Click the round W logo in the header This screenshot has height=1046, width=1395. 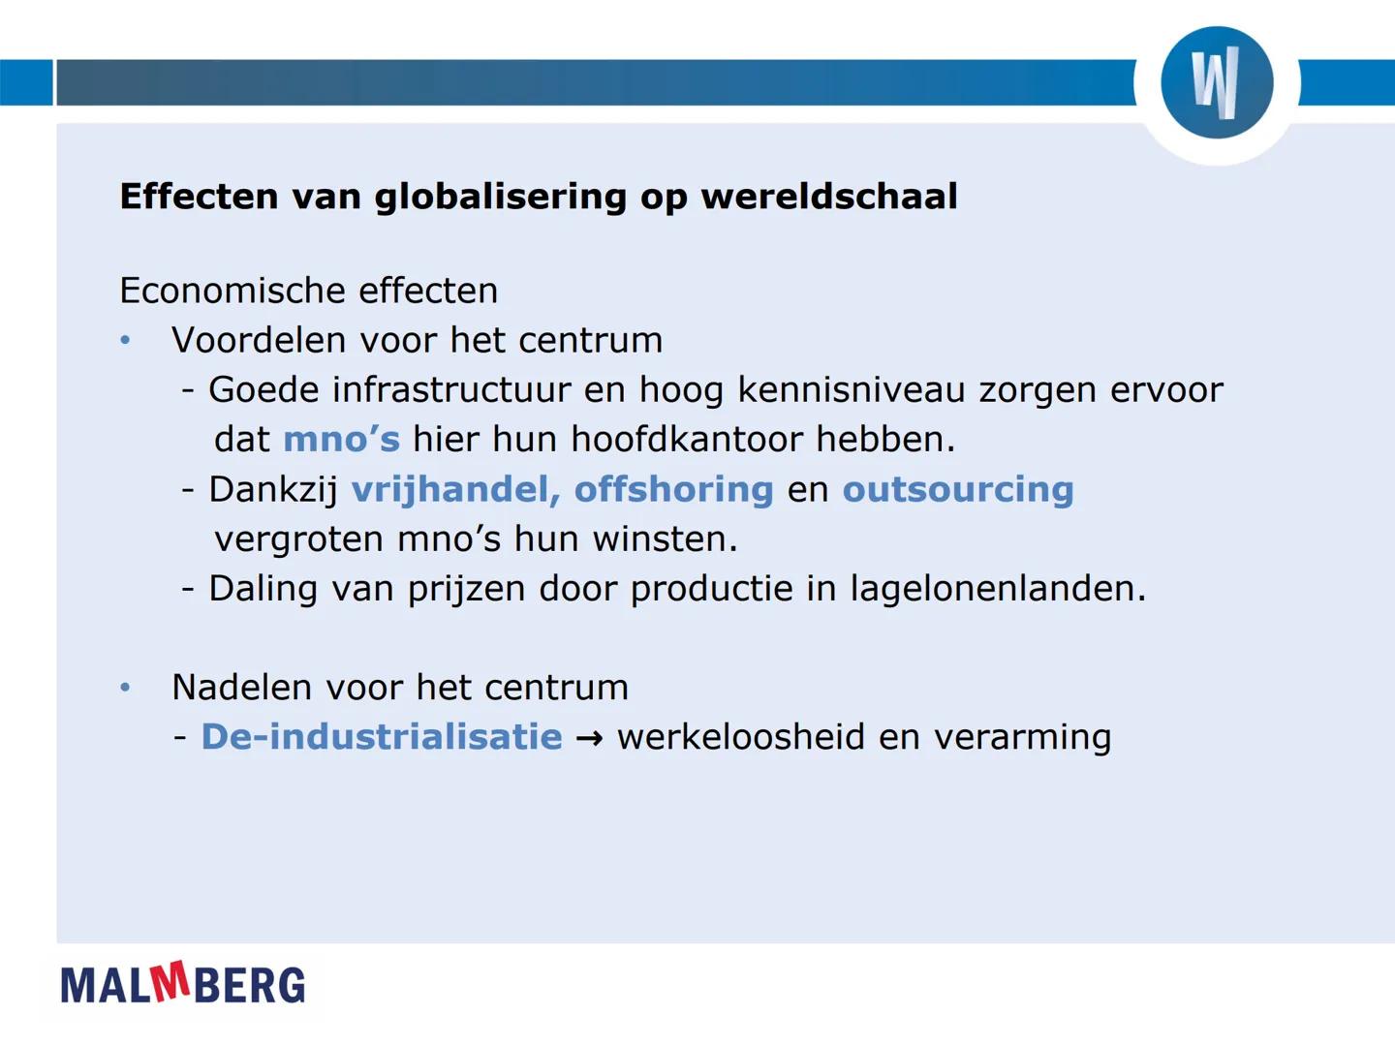pos(1217,82)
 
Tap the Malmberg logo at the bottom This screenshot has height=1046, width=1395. pos(183,984)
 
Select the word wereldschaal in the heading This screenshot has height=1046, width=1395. pos(829,197)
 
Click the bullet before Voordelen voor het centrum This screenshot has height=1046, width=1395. pos(125,341)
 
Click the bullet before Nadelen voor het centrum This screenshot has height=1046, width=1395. pos(125,688)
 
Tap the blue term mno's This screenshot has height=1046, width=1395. pos(341,440)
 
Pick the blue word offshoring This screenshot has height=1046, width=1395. pos(673,489)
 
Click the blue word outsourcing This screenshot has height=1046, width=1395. pos(958,489)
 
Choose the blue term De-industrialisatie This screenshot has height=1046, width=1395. pos(382,737)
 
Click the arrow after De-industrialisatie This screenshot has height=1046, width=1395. pos(589,739)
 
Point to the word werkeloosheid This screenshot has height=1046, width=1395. pos(741,737)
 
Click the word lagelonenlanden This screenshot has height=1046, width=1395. pos(997,589)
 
